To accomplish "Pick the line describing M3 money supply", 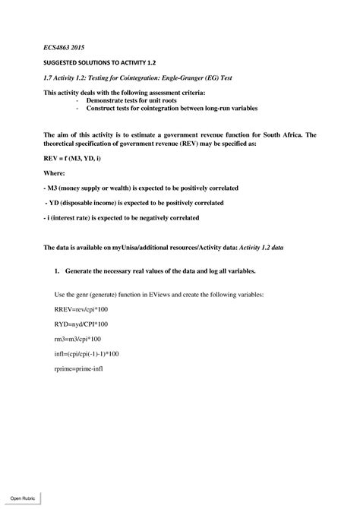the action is tap(143, 187).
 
